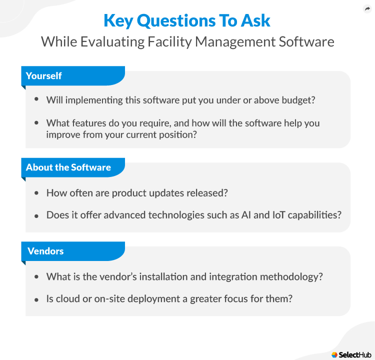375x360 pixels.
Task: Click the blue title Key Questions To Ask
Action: pyautogui.click(x=187, y=20)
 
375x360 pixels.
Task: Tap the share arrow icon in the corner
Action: pyautogui.click(x=366, y=9)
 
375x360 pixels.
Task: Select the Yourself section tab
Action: pyautogui.click(x=44, y=75)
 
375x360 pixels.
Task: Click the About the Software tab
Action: pyautogui.click(x=68, y=167)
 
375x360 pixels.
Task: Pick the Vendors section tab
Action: pyautogui.click(x=45, y=251)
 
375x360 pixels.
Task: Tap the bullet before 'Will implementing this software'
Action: pyautogui.click(x=36, y=99)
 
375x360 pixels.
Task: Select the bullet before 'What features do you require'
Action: pyautogui.click(x=36, y=122)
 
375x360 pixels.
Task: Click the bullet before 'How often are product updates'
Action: pyautogui.click(x=36, y=192)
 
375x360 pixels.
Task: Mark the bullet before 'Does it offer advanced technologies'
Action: pyautogui.click(x=36, y=215)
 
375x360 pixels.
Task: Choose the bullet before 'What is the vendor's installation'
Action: pyautogui.click(x=36, y=276)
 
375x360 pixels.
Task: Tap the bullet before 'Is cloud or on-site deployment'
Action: pyautogui.click(x=36, y=299)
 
